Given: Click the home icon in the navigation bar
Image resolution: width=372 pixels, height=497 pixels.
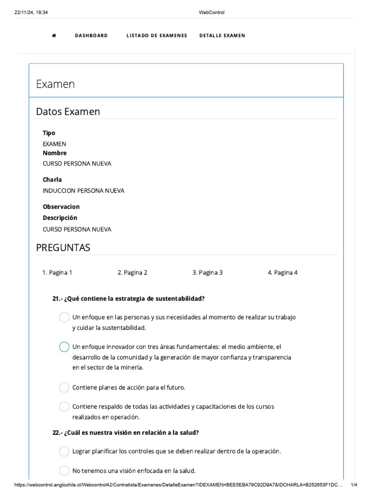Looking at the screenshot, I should point(54,35).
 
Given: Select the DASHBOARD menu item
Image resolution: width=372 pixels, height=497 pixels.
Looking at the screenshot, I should point(91,35).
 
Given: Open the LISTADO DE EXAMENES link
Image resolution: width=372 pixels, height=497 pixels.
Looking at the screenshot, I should point(156,35).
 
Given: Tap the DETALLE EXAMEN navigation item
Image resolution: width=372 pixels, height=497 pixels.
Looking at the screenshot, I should point(222,35).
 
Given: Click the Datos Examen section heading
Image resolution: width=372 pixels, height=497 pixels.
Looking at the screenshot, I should point(68,112).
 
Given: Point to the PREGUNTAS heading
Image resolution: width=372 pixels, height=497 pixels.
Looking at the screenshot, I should point(63,248).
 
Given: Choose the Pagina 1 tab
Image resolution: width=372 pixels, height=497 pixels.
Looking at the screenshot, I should point(57,272).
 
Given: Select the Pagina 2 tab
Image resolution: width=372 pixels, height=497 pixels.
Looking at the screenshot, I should point(132,272).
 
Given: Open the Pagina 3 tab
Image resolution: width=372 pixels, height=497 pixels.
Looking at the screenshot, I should point(207,272).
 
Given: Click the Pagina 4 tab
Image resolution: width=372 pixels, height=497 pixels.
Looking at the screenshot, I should point(282,272).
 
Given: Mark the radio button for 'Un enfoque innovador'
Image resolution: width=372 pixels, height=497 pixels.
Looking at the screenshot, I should point(64,347).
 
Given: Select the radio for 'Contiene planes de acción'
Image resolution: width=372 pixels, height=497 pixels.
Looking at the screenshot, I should point(64,387).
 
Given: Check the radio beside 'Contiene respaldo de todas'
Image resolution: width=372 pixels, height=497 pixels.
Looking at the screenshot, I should point(64,407).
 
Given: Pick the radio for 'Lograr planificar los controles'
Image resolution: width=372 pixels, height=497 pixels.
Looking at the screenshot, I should point(64,451).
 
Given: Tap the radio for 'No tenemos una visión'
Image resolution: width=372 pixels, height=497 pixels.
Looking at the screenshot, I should point(64,470).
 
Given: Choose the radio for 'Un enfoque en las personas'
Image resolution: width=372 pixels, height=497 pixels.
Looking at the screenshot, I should point(64,317).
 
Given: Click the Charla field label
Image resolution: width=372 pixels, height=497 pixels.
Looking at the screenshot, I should point(52,180).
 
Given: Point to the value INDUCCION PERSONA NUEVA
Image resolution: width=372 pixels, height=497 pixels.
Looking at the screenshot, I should point(83,191).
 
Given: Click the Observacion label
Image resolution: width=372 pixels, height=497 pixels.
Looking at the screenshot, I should point(61,207).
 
